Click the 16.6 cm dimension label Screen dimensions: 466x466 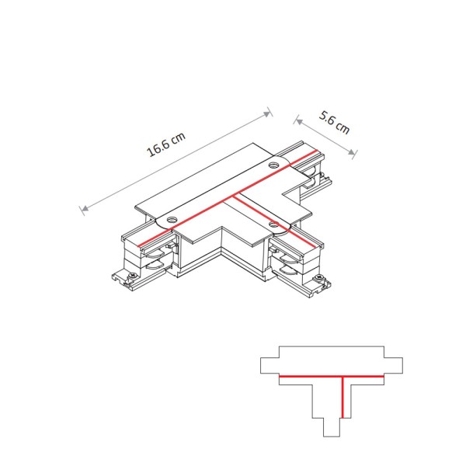pyautogui.click(x=166, y=144)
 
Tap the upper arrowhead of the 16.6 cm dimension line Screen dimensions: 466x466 pyautogui.click(x=270, y=111)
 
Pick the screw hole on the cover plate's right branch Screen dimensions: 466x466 pyautogui.click(x=273, y=224)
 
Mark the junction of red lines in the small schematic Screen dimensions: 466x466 pyautogui.click(x=340, y=377)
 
